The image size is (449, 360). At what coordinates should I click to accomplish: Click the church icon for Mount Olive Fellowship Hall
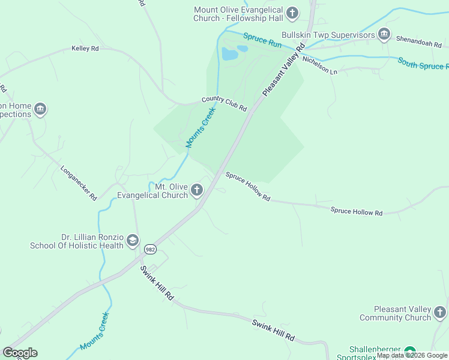pos(292,13)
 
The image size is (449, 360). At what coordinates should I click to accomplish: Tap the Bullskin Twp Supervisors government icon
pos(384,35)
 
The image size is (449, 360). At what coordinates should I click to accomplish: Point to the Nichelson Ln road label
pos(320,65)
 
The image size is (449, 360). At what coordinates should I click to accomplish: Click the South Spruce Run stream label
pos(423,63)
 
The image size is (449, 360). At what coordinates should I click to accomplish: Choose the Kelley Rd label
pos(85,48)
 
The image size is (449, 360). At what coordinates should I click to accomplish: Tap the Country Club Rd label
pos(224,103)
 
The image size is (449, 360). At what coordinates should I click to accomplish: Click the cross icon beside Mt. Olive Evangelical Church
pos(197,191)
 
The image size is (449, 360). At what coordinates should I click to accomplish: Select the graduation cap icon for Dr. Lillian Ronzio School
pos(133,241)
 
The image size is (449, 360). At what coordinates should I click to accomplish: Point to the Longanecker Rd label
pos(79,182)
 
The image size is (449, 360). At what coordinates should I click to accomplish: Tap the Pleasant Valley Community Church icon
pos(440,313)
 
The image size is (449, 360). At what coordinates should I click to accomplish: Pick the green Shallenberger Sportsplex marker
pos(410,351)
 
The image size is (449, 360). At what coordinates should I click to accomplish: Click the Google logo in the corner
pos(20,352)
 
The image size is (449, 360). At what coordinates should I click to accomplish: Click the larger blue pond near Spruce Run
pos(229,55)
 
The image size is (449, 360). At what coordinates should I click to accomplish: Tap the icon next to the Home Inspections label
pos(40,109)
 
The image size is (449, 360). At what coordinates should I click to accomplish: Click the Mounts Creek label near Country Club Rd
pos(200,128)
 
